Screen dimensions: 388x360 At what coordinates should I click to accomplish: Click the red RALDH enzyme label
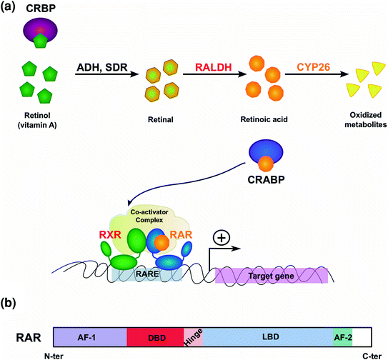(x=214, y=67)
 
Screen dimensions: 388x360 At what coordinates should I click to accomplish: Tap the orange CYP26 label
(x=314, y=67)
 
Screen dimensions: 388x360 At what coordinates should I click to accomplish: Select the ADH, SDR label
(x=102, y=68)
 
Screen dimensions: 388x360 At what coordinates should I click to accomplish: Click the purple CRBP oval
(x=40, y=29)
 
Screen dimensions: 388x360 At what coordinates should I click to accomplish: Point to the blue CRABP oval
(x=266, y=151)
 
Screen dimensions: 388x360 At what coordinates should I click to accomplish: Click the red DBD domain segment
(x=155, y=337)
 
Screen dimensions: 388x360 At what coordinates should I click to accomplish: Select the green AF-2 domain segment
(x=343, y=337)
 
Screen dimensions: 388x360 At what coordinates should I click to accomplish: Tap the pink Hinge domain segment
(x=193, y=337)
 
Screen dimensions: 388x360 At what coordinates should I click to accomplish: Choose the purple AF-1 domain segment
(x=90, y=337)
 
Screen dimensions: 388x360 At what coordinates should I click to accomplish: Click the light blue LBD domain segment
(x=268, y=337)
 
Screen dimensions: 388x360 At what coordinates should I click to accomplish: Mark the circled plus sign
(x=222, y=238)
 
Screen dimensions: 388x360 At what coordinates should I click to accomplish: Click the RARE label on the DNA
(x=147, y=274)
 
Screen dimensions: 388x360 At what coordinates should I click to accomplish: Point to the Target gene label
(x=272, y=276)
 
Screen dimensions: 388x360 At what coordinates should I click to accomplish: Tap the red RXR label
(x=110, y=235)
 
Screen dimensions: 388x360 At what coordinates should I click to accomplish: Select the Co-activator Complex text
(x=149, y=216)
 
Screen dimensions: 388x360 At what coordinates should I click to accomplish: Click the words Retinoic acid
(x=264, y=119)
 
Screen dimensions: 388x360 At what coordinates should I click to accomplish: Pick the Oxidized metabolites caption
(x=366, y=120)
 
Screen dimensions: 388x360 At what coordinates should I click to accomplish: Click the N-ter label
(x=54, y=356)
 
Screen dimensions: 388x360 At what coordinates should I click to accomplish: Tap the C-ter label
(x=372, y=356)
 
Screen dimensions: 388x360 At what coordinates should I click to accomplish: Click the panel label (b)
(x=8, y=303)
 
